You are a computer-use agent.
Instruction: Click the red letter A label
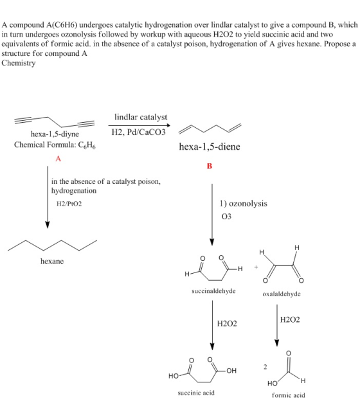[x=59, y=159]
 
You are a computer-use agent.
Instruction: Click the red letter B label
[x=210, y=166]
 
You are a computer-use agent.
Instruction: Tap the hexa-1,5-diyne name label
[x=55, y=134]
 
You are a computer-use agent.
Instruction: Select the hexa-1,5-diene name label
[x=210, y=147]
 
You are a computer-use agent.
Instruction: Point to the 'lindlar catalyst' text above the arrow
[x=141, y=117]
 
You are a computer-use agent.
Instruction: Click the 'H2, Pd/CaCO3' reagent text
[x=139, y=132]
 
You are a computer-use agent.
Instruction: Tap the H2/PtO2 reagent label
[x=69, y=204]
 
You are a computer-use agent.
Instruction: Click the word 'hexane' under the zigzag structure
[x=52, y=261]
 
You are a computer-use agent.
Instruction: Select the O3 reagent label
[x=226, y=217]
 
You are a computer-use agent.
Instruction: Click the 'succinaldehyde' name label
[x=213, y=291]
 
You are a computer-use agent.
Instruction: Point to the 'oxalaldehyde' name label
[x=282, y=294]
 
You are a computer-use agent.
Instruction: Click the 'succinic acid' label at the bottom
[x=196, y=393]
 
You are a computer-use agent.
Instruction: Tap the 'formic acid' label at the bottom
[x=289, y=395]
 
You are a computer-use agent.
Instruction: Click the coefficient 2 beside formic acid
[x=265, y=367]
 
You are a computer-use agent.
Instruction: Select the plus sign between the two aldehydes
[x=256, y=267]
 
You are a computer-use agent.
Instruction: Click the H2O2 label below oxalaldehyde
[x=290, y=319]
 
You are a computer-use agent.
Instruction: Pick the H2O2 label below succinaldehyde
[x=227, y=324]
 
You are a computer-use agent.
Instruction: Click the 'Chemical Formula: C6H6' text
[x=55, y=145]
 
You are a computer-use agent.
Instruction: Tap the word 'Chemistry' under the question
[x=19, y=63]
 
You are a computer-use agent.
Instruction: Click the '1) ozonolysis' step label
[x=244, y=204]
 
